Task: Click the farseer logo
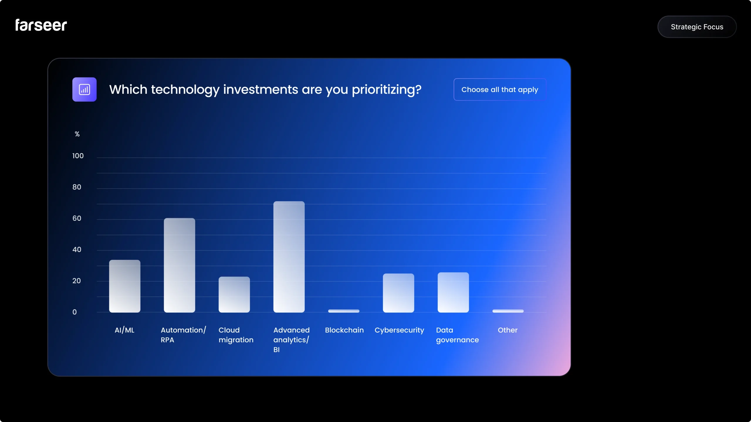(41, 25)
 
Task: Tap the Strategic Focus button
(697, 27)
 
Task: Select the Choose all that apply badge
(500, 89)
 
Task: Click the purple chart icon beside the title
(84, 89)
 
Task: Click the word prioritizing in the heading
(386, 90)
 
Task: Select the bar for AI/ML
(125, 286)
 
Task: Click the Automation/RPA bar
(179, 265)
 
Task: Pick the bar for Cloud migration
(234, 294)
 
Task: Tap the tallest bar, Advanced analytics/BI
(289, 257)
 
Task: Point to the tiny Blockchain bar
(344, 311)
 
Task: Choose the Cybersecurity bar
(398, 293)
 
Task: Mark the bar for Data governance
(453, 292)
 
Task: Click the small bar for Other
(508, 311)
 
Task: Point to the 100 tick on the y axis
(78, 156)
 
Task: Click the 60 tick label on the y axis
(77, 218)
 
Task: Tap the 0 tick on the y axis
(75, 312)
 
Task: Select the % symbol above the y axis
(77, 134)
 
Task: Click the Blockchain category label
(344, 330)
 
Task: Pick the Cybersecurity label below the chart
(399, 330)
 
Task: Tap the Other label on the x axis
(508, 330)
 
